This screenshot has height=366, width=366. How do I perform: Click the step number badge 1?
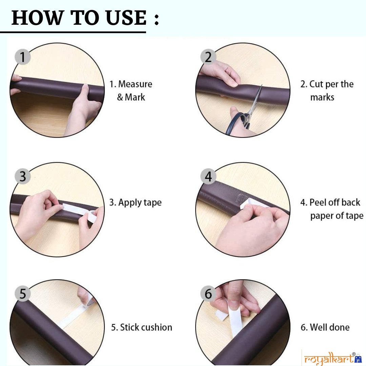pyautogui.click(x=22, y=57)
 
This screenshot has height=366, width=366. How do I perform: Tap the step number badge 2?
pyautogui.click(x=208, y=57)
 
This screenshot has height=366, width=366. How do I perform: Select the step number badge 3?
pyautogui.click(x=22, y=176)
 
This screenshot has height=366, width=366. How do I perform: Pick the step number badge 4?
pyautogui.click(x=208, y=176)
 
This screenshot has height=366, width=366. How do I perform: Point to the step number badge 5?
pyautogui.click(x=22, y=293)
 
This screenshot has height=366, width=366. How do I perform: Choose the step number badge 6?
pyautogui.click(x=208, y=293)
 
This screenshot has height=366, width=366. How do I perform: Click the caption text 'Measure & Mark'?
pyautogui.click(x=131, y=90)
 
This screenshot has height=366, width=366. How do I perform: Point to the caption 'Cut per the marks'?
pyautogui.click(x=327, y=90)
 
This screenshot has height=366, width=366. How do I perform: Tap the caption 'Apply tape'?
pyautogui.click(x=135, y=203)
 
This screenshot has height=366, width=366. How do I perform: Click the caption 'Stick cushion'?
pyautogui.click(x=141, y=327)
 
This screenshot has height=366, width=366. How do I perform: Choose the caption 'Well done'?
pyautogui.click(x=325, y=327)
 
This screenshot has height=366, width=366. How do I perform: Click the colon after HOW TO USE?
pyautogui.click(x=156, y=20)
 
